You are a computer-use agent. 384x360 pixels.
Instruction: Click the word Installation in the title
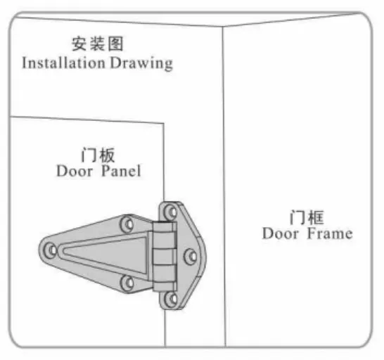tap(63, 63)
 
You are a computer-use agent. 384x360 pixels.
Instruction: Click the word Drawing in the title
tap(141, 64)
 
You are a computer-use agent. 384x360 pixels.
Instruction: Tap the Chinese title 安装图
tap(97, 44)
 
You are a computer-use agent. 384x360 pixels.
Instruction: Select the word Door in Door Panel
tap(75, 171)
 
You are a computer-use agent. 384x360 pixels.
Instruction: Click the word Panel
tap(121, 171)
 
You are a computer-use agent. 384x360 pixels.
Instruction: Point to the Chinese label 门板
tap(98, 155)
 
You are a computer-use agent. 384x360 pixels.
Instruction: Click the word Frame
tap(330, 233)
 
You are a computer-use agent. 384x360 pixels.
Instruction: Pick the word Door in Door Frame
tap(281, 233)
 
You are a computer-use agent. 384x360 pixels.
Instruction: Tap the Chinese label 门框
tap(307, 217)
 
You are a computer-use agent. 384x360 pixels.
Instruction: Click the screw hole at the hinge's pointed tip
tap(51, 250)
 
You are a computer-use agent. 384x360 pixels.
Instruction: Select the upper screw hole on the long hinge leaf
tap(127, 224)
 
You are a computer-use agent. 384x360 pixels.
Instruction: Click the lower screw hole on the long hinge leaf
tap(127, 283)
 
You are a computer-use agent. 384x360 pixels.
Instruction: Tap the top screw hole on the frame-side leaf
tap(170, 212)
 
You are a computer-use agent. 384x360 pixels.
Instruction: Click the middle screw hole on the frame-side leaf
tap(191, 257)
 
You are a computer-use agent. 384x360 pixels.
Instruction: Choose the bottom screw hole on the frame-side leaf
tap(170, 299)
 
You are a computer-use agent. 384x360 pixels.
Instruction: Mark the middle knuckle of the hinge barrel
tap(164, 257)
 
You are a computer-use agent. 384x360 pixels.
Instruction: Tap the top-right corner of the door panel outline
tap(164, 123)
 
